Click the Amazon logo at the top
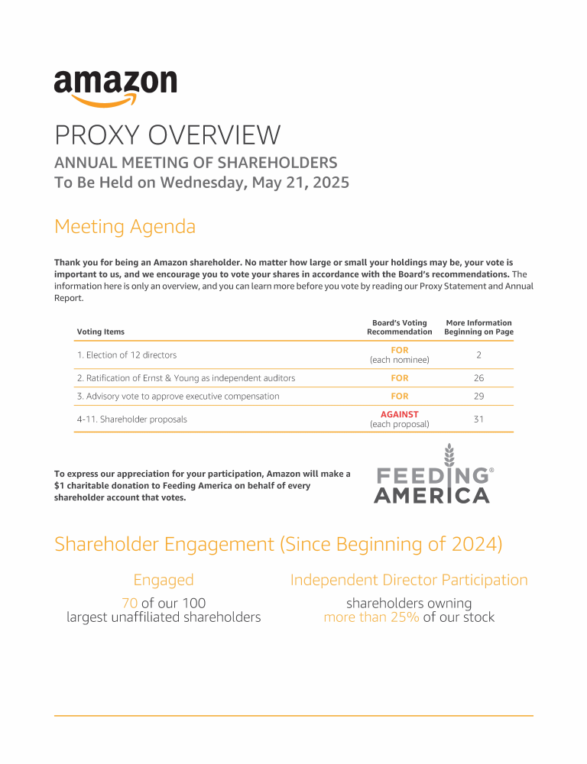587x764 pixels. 115,88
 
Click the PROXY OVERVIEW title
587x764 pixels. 167,135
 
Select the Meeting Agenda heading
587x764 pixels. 125,227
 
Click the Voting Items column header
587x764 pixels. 100,332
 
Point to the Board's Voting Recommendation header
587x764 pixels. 399,327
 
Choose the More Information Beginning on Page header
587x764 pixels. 478,327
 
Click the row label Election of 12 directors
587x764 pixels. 126,354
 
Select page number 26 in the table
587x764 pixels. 478,378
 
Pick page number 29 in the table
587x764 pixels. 478,397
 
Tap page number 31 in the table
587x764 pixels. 478,419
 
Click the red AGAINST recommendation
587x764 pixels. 400,414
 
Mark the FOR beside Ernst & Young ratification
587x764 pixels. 400,378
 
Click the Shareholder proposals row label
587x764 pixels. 131,419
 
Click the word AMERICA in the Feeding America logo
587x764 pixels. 431,496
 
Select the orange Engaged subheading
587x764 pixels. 164,580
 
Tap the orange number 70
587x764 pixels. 129,603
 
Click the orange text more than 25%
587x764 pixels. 371,617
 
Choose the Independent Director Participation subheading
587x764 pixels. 409,580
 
